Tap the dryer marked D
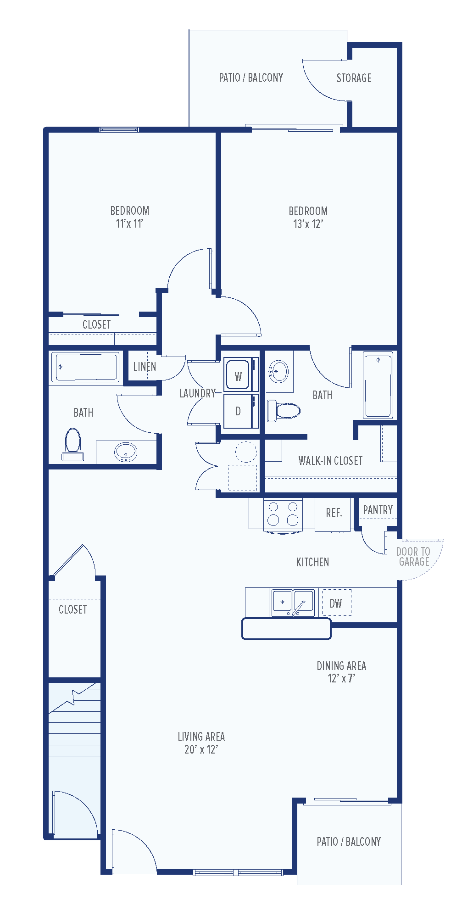[238, 411]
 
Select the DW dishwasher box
[336, 603]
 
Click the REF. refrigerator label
[334, 513]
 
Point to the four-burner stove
[283, 514]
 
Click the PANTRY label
[378, 510]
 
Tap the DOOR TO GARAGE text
[413, 556]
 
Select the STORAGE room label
[354, 78]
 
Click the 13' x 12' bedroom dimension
[308, 224]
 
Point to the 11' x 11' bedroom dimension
[129, 223]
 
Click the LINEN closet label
[145, 367]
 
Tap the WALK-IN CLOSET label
[330, 461]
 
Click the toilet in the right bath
[284, 410]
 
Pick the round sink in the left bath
[125, 452]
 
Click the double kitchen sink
[293, 603]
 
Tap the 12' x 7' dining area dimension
[341, 678]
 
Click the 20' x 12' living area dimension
[201, 749]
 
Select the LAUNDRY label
[197, 393]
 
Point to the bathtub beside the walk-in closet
[378, 385]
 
